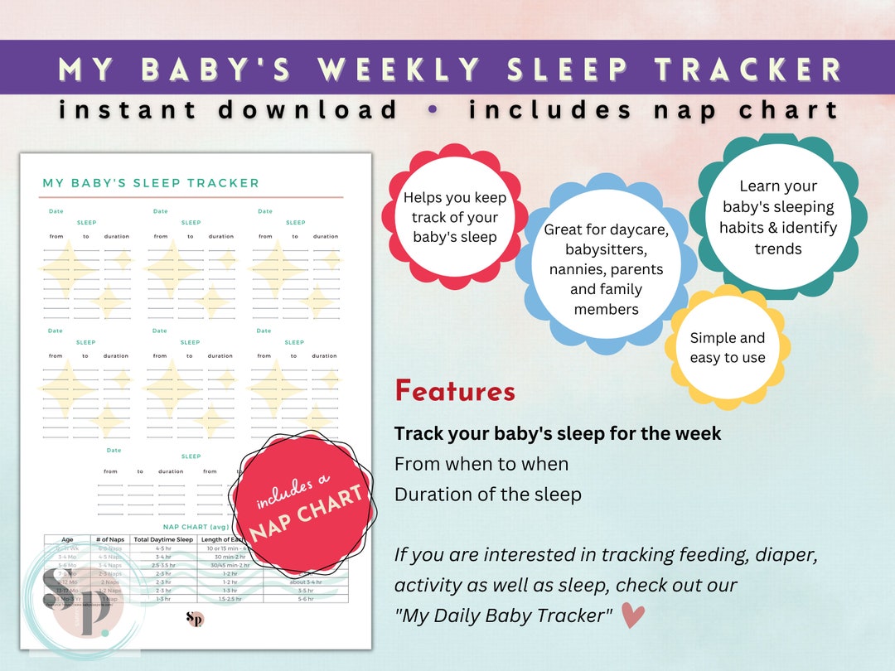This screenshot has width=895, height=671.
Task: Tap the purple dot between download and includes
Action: (433, 109)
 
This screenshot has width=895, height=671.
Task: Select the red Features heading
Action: (454, 391)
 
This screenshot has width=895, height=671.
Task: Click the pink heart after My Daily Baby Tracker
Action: (633, 615)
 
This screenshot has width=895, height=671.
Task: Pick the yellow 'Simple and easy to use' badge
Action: (728, 348)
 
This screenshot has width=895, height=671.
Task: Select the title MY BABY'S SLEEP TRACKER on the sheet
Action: (150, 183)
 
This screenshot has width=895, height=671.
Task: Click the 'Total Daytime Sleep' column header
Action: (164, 540)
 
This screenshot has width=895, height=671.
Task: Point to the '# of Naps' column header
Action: (110, 540)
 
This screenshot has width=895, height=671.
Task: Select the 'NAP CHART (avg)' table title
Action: (195, 526)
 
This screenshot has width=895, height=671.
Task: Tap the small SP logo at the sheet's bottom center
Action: (196, 619)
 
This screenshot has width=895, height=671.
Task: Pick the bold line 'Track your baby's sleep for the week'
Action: (558, 433)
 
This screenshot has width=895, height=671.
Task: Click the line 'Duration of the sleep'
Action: (487, 495)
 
